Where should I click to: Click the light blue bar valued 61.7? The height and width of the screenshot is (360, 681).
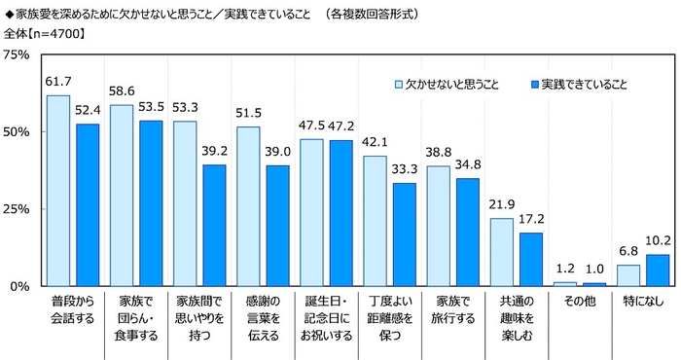click(x=58, y=191)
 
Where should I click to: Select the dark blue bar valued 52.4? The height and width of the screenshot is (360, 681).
click(x=88, y=205)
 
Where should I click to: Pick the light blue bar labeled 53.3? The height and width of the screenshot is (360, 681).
click(x=185, y=203)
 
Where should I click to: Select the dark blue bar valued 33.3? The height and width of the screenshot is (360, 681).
click(x=404, y=234)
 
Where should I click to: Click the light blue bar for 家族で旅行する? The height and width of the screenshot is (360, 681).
click(x=438, y=226)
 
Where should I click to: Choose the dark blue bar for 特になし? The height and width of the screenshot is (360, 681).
click(x=658, y=270)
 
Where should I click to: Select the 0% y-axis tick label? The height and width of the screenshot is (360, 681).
click(x=23, y=286)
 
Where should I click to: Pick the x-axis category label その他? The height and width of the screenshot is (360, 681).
click(x=579, y=303)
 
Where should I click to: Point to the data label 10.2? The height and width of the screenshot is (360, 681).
click(x=658, y=241)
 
